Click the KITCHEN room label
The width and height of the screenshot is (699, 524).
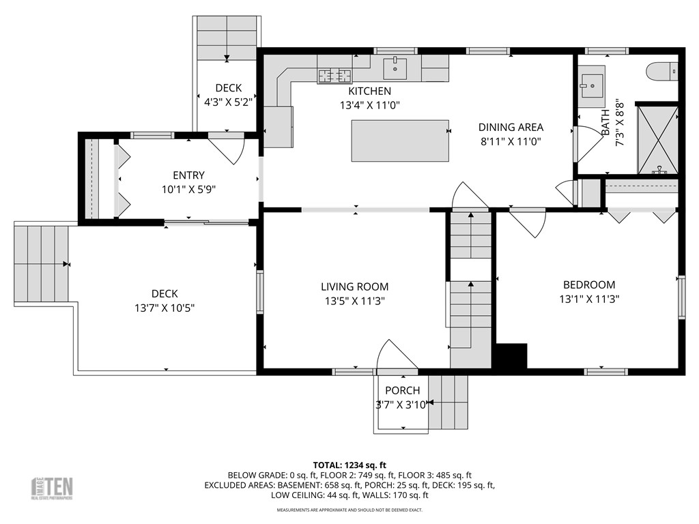coord(369,91)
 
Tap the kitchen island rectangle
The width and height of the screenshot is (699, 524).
coord(400,141)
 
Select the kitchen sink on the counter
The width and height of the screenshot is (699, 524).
coord(395,68)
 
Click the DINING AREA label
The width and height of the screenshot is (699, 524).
coord(511,127)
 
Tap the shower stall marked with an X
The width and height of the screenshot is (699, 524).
coord(657,139)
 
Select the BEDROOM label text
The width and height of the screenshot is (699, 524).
coord(588,285)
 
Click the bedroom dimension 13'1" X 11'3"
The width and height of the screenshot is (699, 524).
coord(588,299)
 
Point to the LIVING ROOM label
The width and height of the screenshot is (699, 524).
coord(354,287)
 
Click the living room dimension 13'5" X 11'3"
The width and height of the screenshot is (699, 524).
coord(354,301)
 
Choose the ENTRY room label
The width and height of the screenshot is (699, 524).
coord(188,175)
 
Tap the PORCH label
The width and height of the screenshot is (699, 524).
coord(402,391)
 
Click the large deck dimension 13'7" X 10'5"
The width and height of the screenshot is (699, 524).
coord(165,308)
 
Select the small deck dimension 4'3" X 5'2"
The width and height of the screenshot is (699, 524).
coord(229,102)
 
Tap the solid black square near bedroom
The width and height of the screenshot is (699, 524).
coord(511,356)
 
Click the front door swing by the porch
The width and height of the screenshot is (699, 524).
coord(395,355)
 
